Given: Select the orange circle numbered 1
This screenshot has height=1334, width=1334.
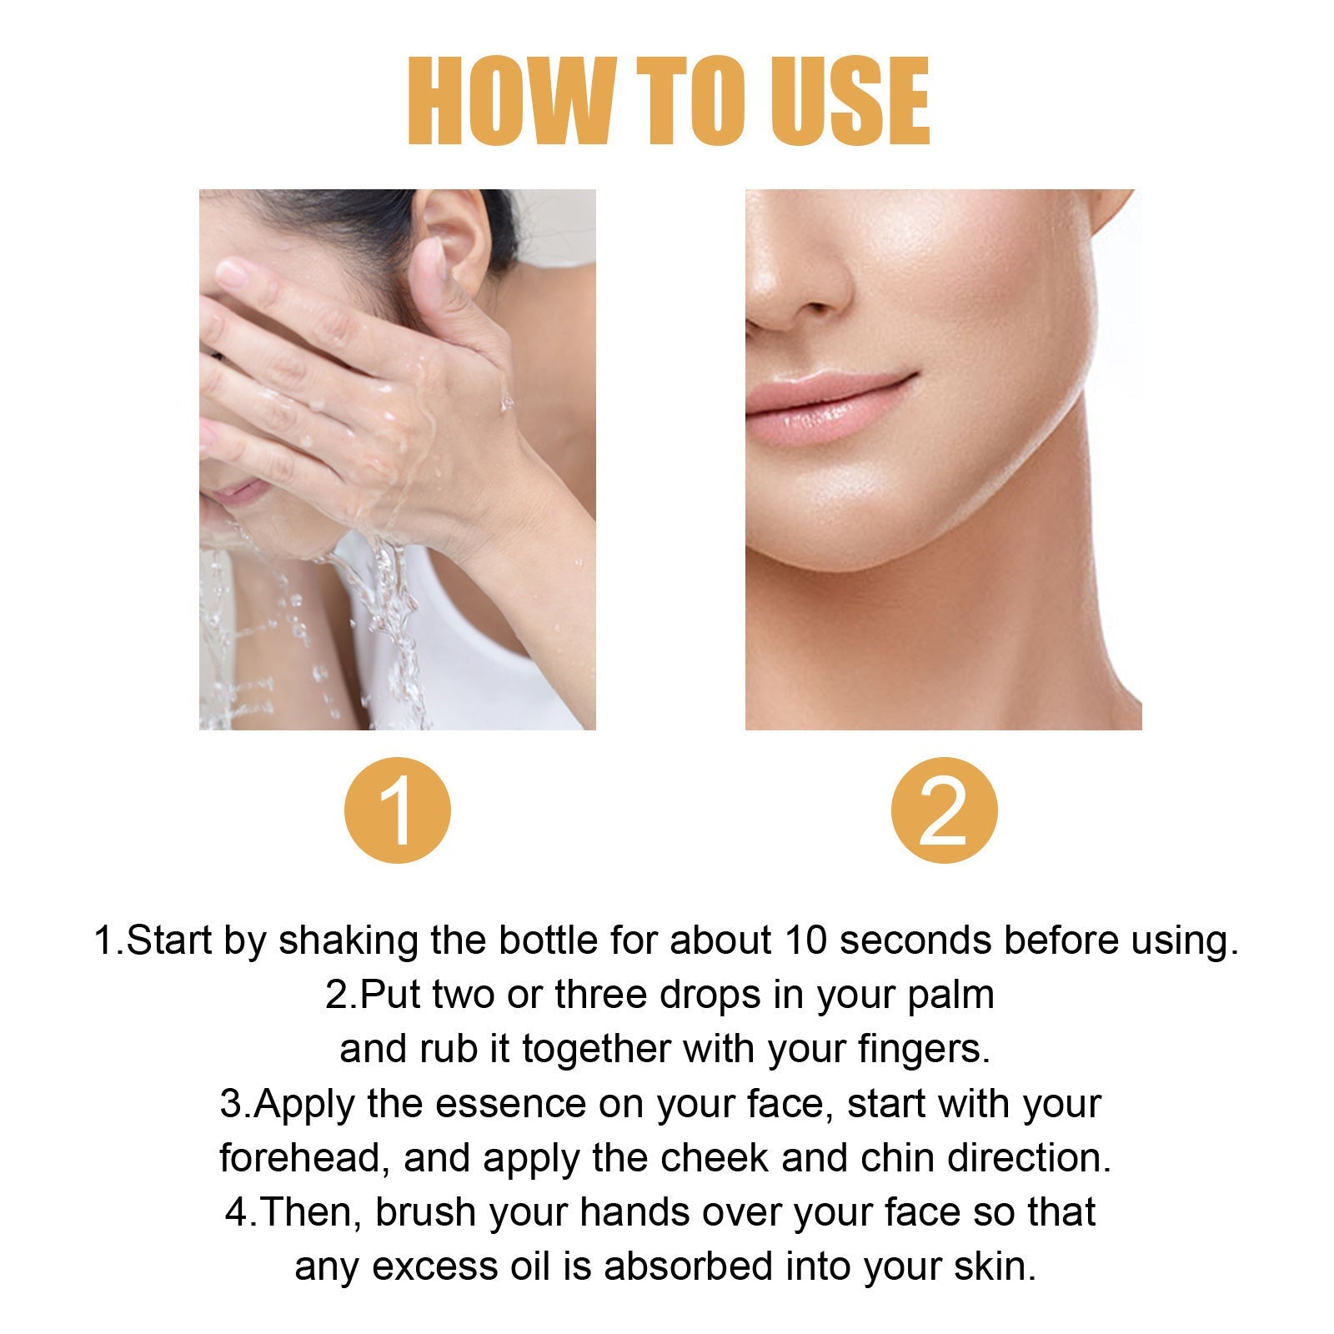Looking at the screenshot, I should (398, 810).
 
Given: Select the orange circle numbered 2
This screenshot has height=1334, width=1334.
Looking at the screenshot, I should (944, 810).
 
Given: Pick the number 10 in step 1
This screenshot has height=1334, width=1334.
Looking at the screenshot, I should (805, 940).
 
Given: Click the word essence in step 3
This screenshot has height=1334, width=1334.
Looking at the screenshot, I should (510, 1104).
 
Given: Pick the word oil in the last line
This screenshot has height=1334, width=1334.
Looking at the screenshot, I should (529, 1266).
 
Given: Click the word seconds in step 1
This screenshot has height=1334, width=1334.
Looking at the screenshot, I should (915, 940).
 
